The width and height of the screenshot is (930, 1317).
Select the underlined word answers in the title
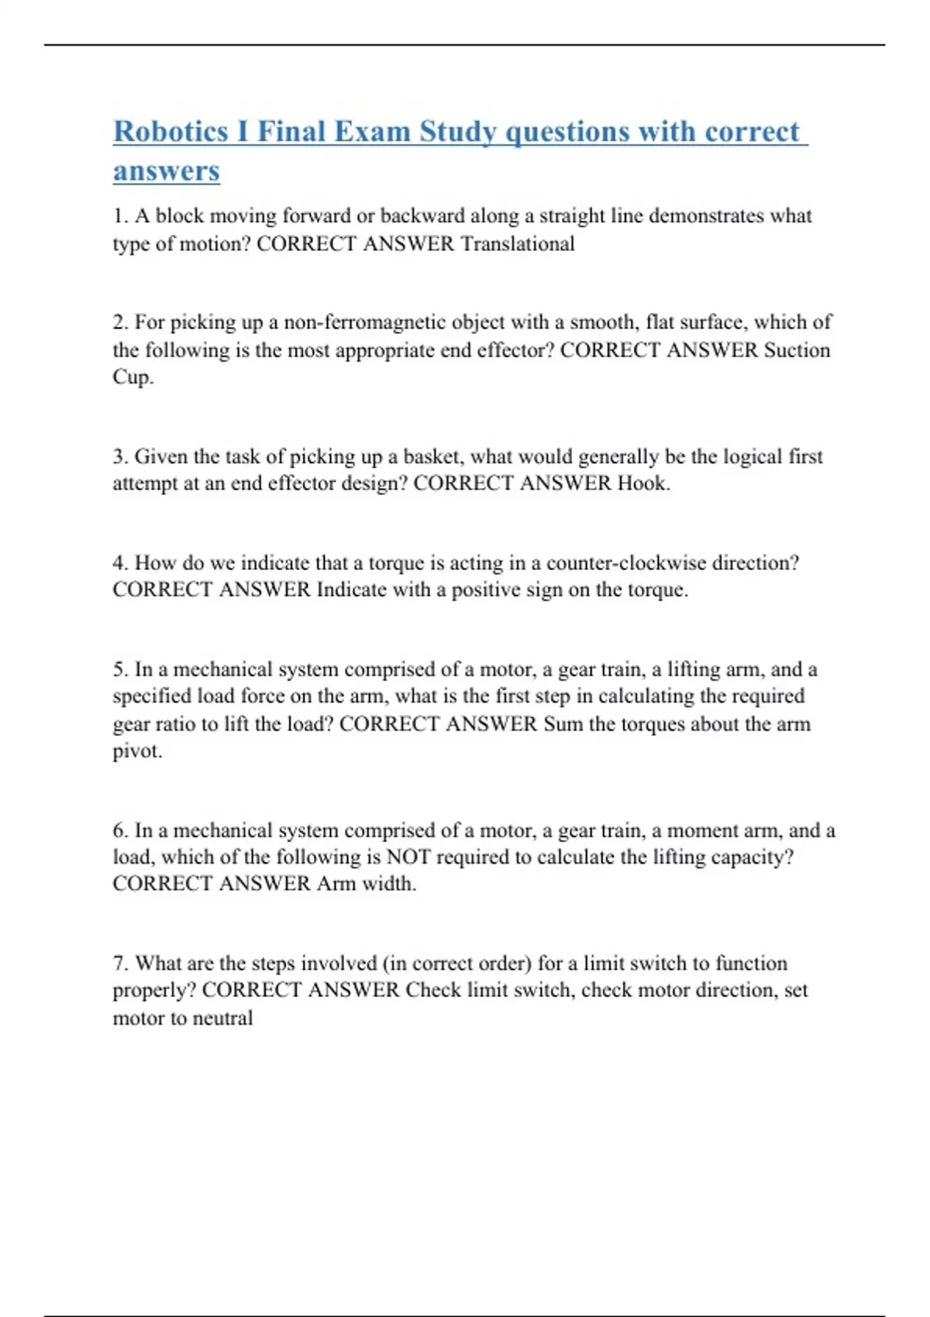click(x=167, y=171)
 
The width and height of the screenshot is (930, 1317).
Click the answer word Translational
click(x=518, y=244)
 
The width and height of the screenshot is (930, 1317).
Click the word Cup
click(x=132, y=377)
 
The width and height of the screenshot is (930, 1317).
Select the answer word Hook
click(x=642, y=483)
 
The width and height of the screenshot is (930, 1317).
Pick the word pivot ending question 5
click(x=136, y=751)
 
